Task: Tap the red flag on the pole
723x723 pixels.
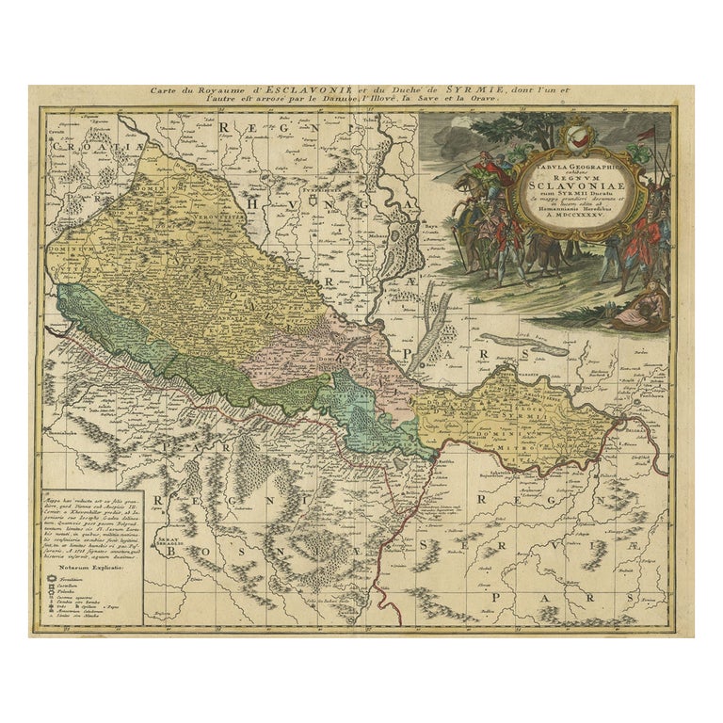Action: coord(647,134)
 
